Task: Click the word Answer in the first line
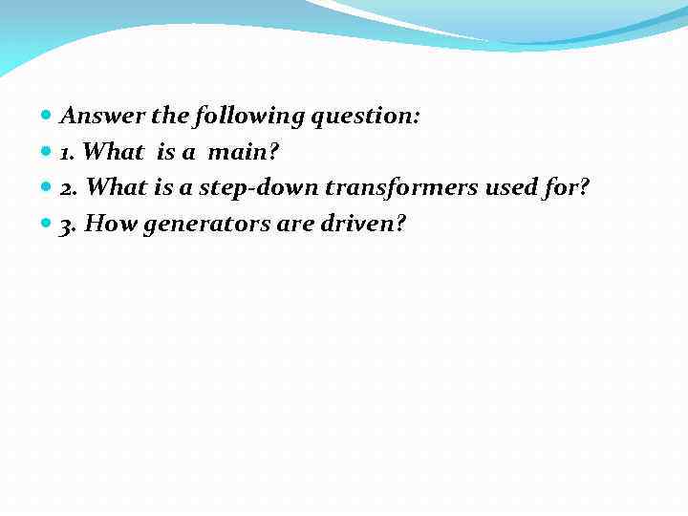[x=102, y=117]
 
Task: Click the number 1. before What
[x=69, y=153]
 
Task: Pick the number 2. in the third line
[x=70, y=188]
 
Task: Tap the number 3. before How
[x=70, y=225]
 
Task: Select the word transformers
[x=402, y=188]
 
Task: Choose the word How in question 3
[x=111, y=225]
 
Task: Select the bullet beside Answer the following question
[x=48, y=118]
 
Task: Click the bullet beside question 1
[x=48, y=153]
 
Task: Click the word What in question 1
[x=114, y=153]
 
